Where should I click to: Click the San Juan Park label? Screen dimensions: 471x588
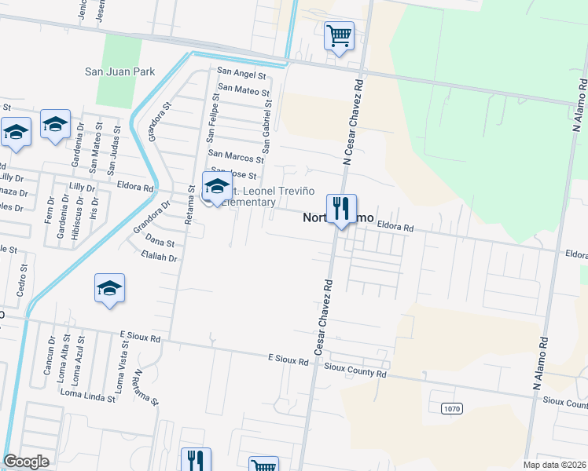pos(120,71)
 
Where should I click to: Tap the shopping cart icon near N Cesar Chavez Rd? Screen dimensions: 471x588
pos(339,35)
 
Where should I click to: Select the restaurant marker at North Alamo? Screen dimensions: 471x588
pos(341,209)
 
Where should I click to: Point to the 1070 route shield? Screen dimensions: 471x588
pos(450,408)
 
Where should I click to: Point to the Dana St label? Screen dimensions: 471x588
pos(160,243)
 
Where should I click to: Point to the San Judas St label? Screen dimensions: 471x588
pos(114,154)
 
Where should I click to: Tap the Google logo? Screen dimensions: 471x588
pos(27,462)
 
